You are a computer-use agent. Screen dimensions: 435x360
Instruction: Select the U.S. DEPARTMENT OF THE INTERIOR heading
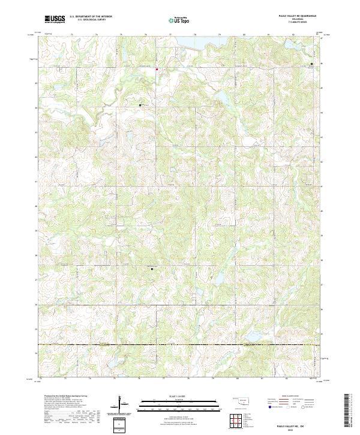(91, 17)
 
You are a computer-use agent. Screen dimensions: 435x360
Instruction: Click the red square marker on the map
(157, 69)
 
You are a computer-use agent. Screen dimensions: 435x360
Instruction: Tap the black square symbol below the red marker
(140, 105)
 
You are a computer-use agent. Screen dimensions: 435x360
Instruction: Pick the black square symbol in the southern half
(152, 269)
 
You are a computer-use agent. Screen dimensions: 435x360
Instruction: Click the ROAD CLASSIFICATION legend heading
(291, 397)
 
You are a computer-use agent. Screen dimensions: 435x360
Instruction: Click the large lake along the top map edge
(191, 43)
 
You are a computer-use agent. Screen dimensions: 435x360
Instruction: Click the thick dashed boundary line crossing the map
(180, 345)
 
